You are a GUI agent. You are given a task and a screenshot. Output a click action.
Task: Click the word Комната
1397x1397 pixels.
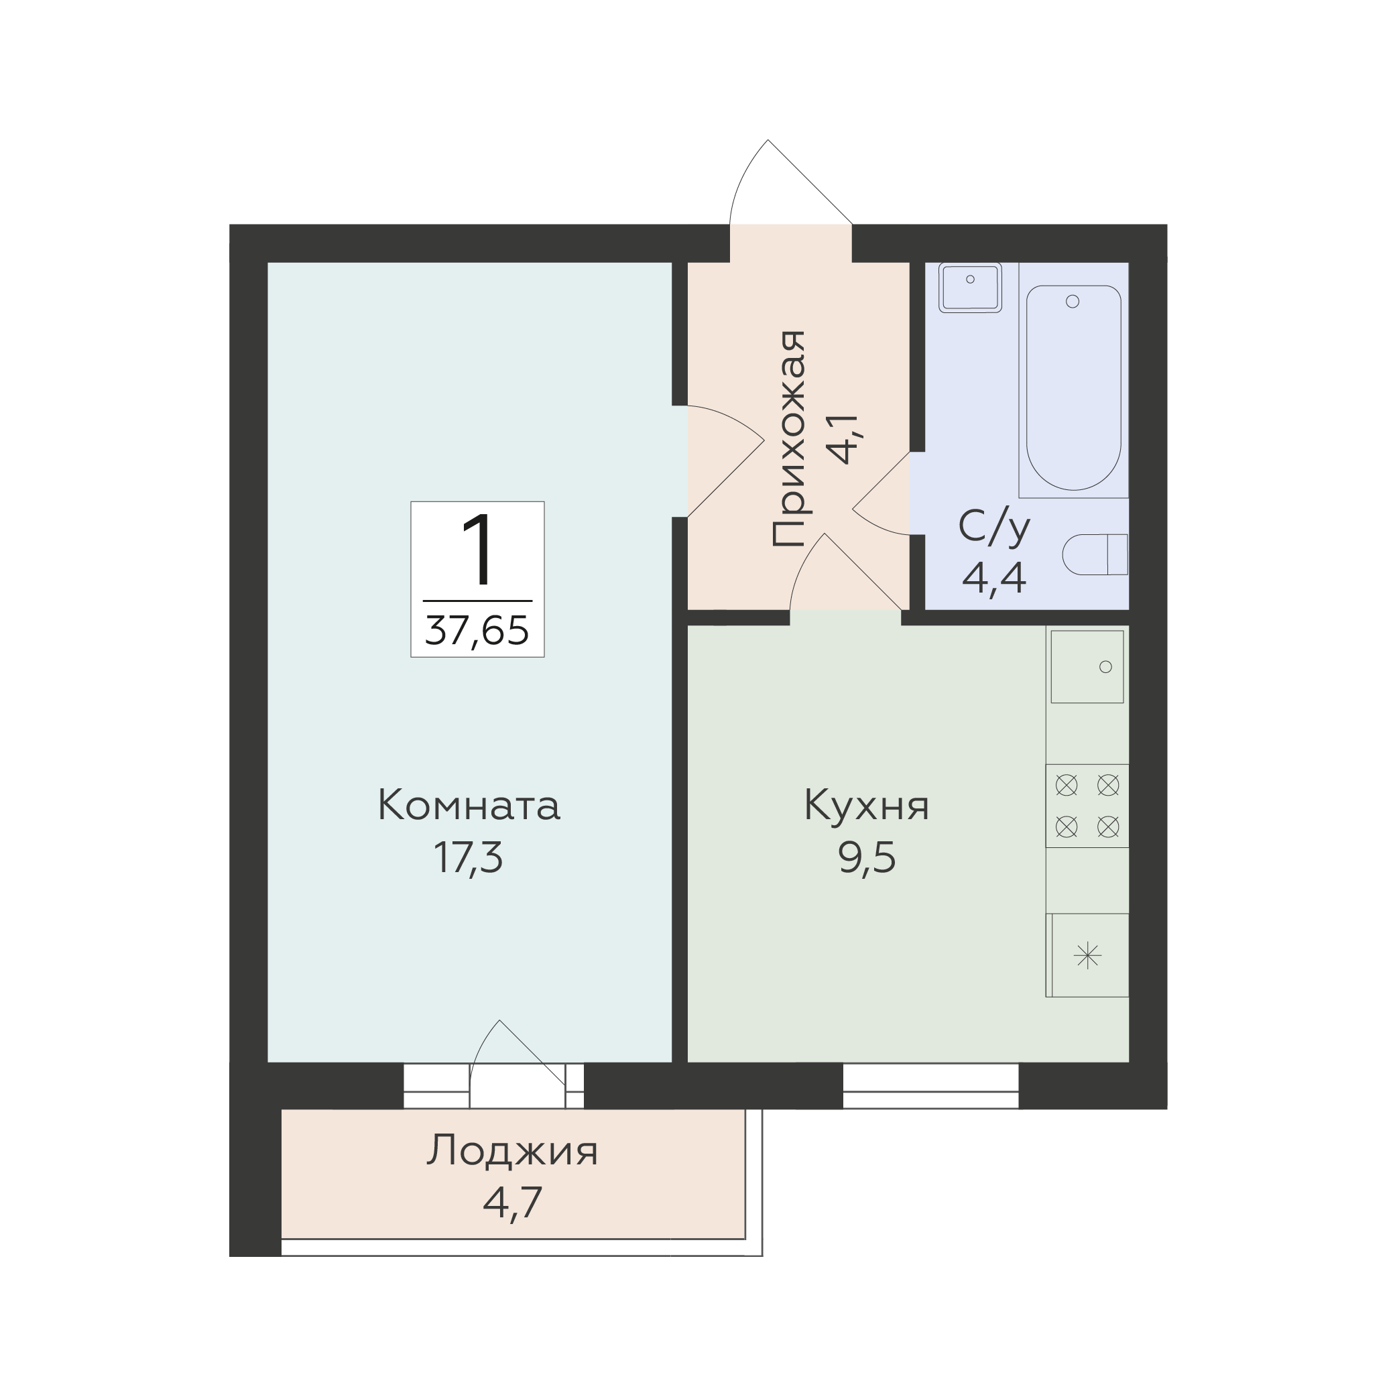click(x=469, y=806)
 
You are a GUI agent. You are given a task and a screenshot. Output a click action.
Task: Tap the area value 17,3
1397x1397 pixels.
click(x=469, y=858)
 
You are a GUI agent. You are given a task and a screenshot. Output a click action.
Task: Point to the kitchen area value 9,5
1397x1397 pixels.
click(x=867, y=858)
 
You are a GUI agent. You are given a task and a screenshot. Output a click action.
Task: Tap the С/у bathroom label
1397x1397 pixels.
click(x=994, y=528)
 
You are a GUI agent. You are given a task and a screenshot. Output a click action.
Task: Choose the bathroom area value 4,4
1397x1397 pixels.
click(x=994, y=578)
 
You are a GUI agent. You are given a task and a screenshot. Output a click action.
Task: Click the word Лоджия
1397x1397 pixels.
click(x=512, y=1152)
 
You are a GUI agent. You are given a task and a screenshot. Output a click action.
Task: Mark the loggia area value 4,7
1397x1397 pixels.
click(x=512, y=1203)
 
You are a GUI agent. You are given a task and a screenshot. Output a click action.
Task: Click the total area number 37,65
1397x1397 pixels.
click(x=477, y=630)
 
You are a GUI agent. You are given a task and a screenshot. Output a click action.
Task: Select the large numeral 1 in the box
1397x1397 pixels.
click(x=477, y=550)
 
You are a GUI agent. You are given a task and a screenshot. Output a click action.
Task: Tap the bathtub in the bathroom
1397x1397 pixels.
click(x=1073, y=387)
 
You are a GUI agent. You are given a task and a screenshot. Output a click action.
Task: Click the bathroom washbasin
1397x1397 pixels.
click(x=970, y=287)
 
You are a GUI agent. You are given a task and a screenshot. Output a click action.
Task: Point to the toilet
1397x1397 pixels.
click(x=1095, y=554)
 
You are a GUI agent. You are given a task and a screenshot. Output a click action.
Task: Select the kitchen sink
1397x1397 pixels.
click(x=1087, y=666)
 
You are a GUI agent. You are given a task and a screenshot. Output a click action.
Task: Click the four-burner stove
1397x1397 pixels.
click(x=1087, y=806)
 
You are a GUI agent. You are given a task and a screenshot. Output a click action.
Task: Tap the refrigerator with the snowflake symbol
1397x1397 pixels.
click(x=1087, y=956)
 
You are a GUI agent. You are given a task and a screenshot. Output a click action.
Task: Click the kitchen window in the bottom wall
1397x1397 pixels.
click(x=930, y=1085)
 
